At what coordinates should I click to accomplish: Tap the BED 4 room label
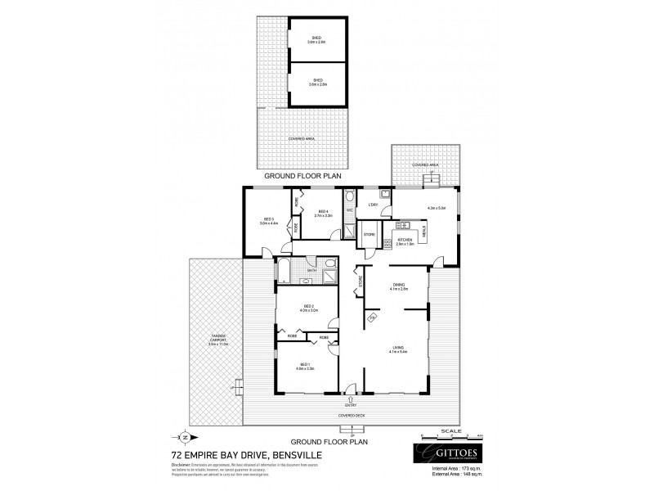click(324, 213)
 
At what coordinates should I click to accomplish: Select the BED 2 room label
click(307, 309)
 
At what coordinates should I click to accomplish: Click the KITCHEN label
click(405, 241)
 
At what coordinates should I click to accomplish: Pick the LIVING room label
click(398, 349)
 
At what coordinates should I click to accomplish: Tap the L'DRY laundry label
click(374, 205)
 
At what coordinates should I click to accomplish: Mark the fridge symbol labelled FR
click(371, 317)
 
